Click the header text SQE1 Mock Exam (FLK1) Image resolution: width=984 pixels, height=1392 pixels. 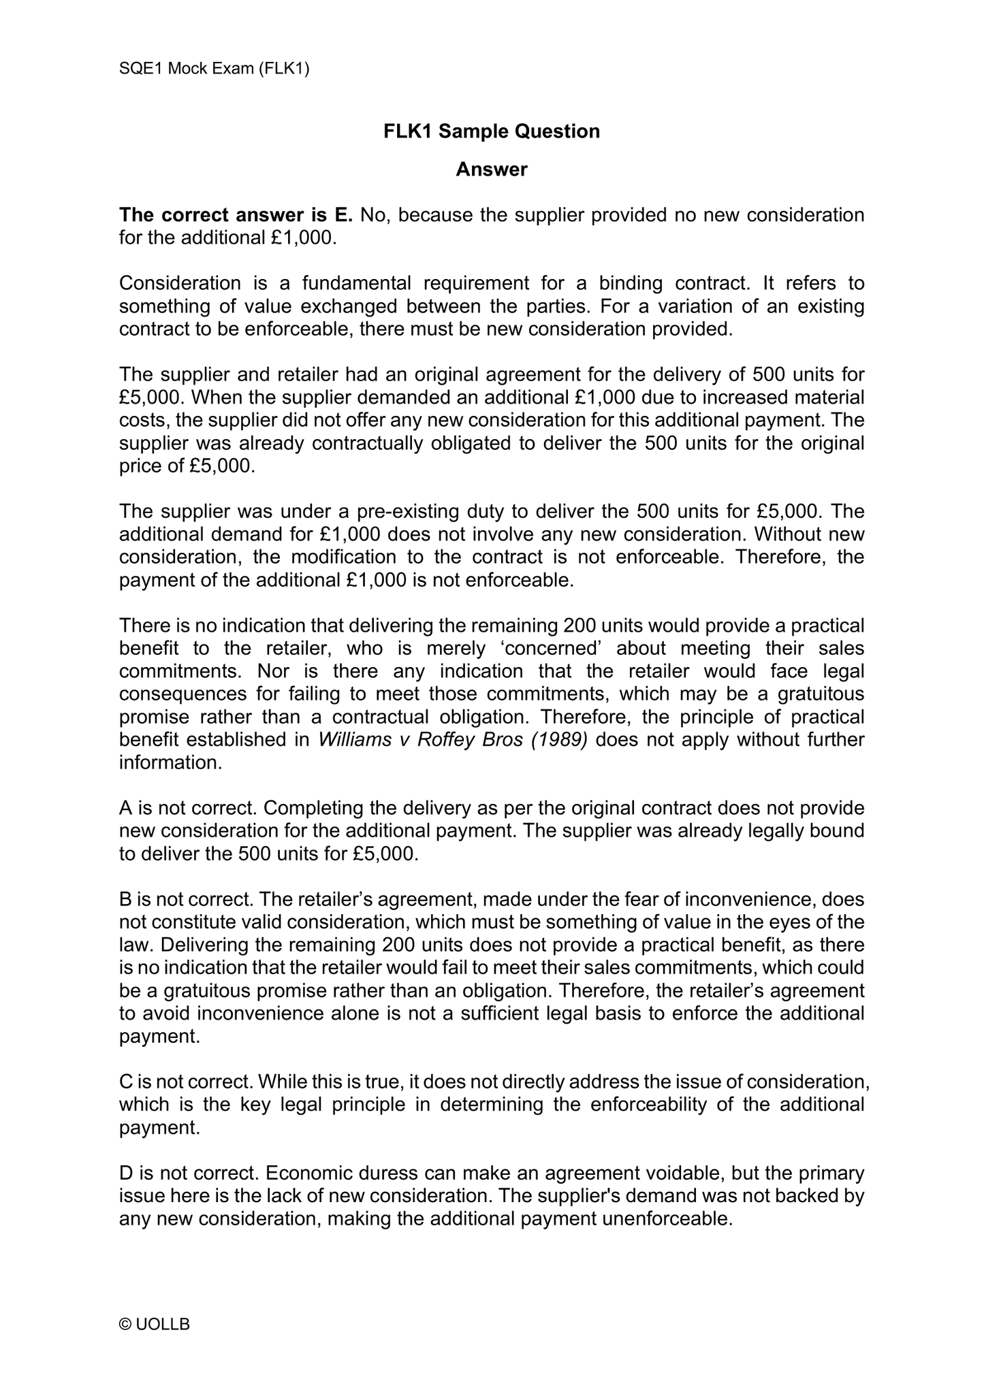click(x=214, y=69)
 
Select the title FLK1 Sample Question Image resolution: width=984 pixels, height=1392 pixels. click(x=492, y=131)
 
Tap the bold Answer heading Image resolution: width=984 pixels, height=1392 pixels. click(x=492, y=169)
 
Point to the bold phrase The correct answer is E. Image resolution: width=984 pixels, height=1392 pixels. click(x=236, y=215)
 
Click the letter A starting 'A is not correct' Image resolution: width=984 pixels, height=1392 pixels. click(x=126, y=809)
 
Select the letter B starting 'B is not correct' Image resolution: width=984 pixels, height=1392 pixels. click(x=126, y=900)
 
